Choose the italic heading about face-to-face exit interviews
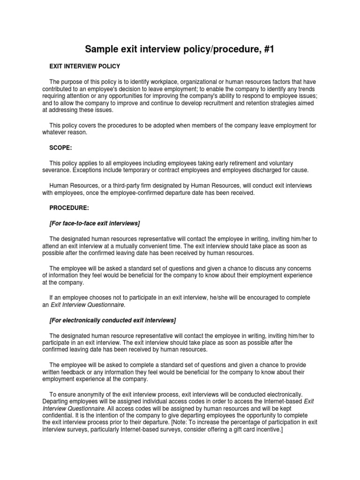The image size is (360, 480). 95,223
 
